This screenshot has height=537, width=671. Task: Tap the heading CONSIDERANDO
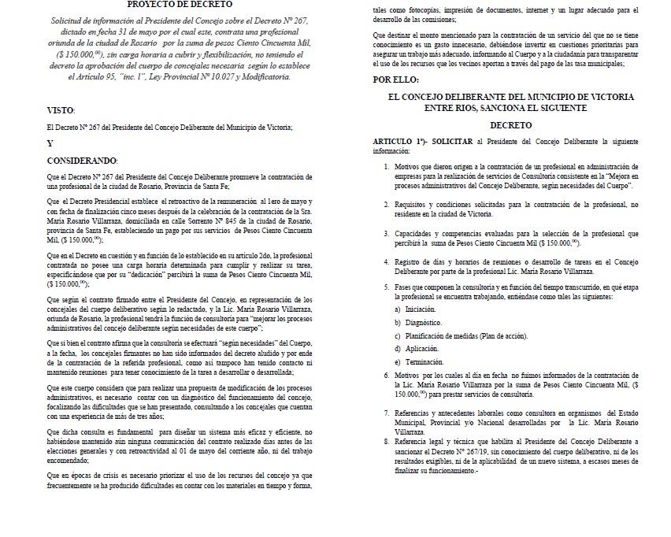pyautogui.click(x=82, y=160)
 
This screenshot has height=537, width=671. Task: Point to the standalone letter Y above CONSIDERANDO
pyautogui.click(x=50, y=143)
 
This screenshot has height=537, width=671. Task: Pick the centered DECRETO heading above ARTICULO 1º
pyautogui.click(x=510, y=124)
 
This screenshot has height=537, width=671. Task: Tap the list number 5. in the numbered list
pyautogui.click(x=386, y=287)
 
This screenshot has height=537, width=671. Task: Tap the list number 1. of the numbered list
pyautogui.click(x=386, y=168)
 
